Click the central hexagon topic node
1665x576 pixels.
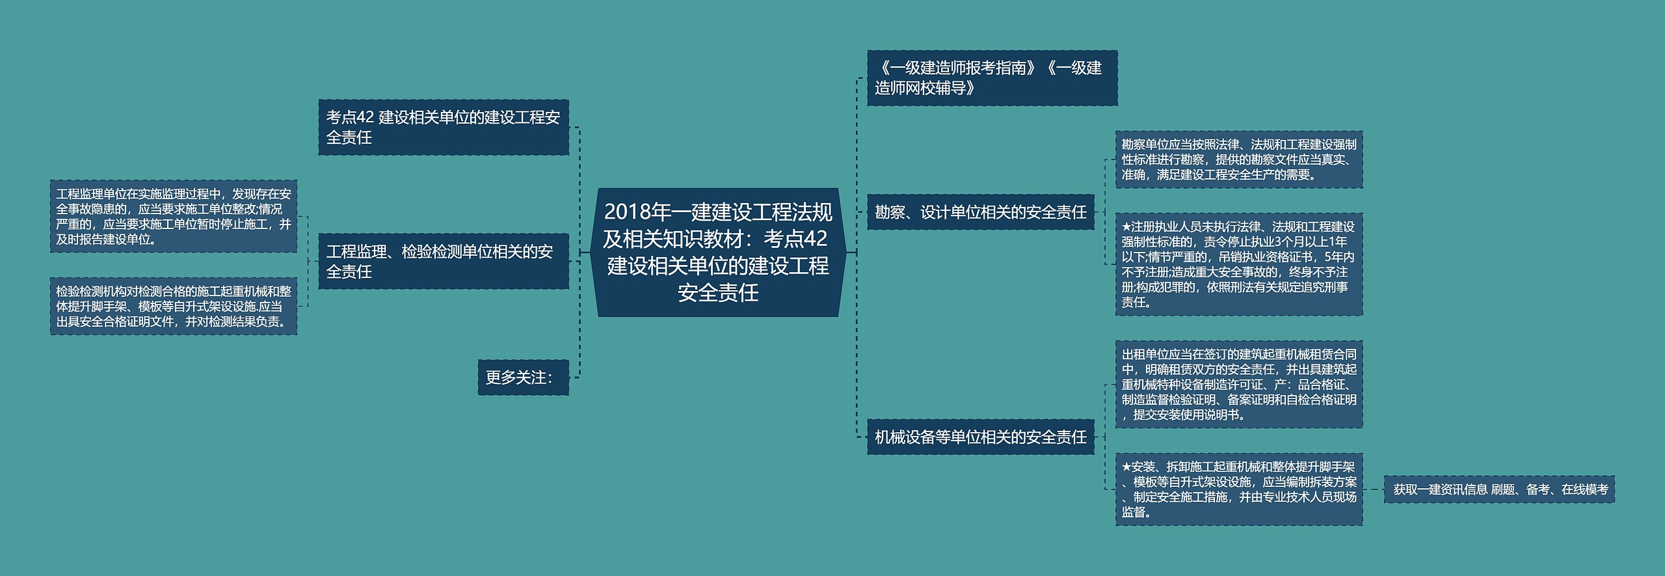pos(718,252)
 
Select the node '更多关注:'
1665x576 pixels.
pos(523,377)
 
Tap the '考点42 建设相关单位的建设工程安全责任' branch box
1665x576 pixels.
pos(444,128)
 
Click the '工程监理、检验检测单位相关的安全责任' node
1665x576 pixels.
pos(444,261)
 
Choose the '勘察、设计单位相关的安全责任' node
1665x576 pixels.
pos(980,212)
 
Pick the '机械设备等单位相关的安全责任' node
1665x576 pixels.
pos(980,437)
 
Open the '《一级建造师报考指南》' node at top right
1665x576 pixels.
pos(992,78)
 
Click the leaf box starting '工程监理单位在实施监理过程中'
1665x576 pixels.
pos(174,216)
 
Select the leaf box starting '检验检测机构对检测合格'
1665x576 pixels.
pos(174,306)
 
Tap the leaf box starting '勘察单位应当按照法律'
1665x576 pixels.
pos(1238,159)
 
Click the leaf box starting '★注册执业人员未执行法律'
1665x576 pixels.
pos(1238,264)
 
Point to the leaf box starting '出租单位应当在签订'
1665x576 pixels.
pos(1238,384)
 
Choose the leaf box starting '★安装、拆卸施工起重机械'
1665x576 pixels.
pos(1238,489)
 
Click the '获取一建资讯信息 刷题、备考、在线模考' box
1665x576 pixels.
pos(1499,489)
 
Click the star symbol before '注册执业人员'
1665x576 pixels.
pos(1126,227)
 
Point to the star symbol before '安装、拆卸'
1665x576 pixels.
pos(1126,467)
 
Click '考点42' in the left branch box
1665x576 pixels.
pos(350,118)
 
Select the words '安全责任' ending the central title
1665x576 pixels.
pos(718,293)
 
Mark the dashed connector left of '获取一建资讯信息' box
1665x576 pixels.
pos(1373,489)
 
